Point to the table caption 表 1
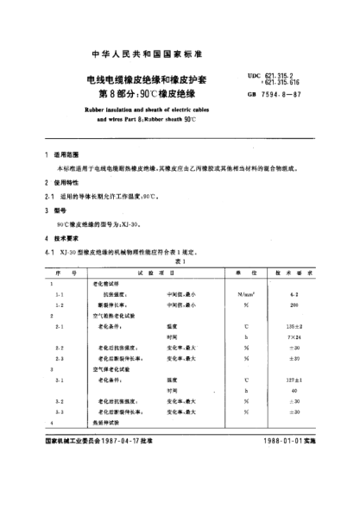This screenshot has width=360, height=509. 179,259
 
